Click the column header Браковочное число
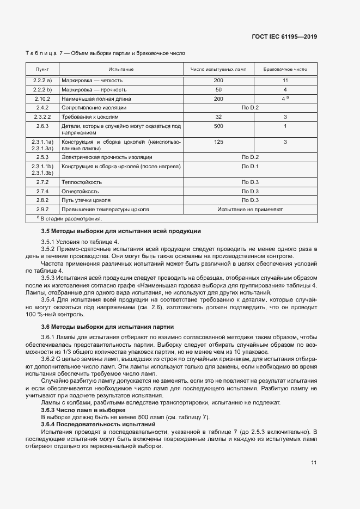tap(285, 70)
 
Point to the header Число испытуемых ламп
tap(218, 70)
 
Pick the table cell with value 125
tap(218, 142)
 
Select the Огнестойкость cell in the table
tap(80, 191)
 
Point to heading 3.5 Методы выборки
tap(121, 231)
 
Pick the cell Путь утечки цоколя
tap(86, 200)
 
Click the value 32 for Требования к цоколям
tap(218, 117)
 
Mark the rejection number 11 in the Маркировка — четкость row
tap(285, 80)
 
